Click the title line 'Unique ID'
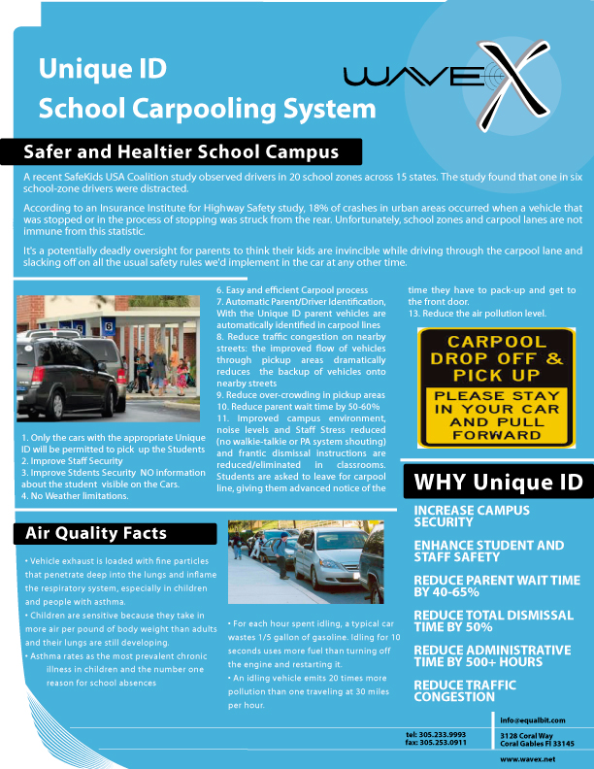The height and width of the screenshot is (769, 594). (x=102, y=68)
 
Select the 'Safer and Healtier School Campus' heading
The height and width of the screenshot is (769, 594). (x=181, y=152)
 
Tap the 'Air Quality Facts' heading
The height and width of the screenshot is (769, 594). (x=95, y=532)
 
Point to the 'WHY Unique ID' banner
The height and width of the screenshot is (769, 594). (x=498, y=483)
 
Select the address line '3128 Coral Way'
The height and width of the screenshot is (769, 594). (x=525, y=736)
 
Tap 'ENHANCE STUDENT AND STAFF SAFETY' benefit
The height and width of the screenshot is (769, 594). (x=488, y=551)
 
